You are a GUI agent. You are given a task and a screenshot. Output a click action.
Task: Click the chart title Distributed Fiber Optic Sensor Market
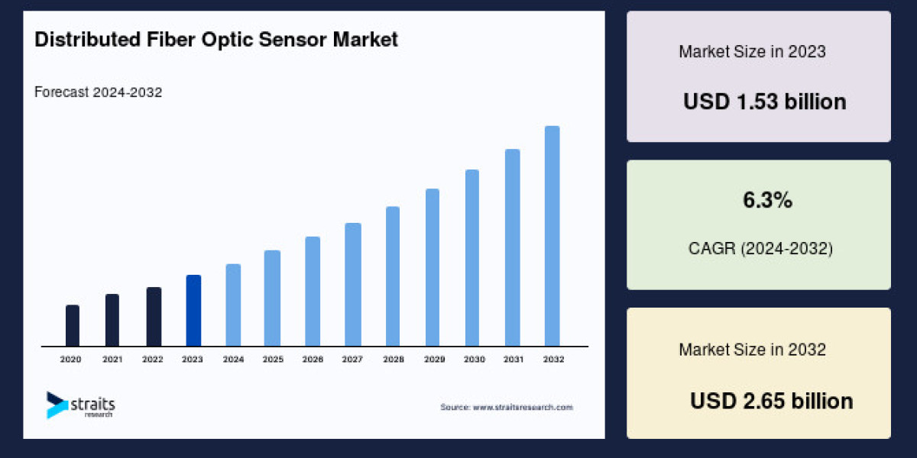tap(216, 40)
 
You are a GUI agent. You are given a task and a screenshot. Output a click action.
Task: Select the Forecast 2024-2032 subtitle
tap(98, 92)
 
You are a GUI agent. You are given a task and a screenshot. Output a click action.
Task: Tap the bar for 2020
tap(73, 326)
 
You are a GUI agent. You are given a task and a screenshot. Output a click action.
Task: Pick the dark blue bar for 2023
tap(193, 311)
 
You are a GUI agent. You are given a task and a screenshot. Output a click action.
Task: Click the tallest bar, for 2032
tap(552, 236)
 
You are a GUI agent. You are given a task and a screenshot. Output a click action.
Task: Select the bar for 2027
tap(352, 285)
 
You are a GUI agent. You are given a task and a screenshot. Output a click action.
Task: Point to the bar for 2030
tap(472, 258)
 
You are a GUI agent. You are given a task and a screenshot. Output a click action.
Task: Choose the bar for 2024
tap(233, 305)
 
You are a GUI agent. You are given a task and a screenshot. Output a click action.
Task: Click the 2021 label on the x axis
tap(112, 359)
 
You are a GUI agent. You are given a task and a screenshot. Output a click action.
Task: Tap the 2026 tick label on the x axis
tap(312, 359)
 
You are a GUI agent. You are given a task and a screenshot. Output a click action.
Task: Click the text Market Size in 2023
tap(752, 53)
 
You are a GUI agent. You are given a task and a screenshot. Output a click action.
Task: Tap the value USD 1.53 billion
tap(764, 102)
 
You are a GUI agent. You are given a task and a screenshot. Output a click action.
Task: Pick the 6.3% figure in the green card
tap(767, 202)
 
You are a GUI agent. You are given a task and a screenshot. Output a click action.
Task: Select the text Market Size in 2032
tap(752, 350)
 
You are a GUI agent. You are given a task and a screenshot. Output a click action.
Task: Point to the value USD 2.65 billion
tap(771, 401)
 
